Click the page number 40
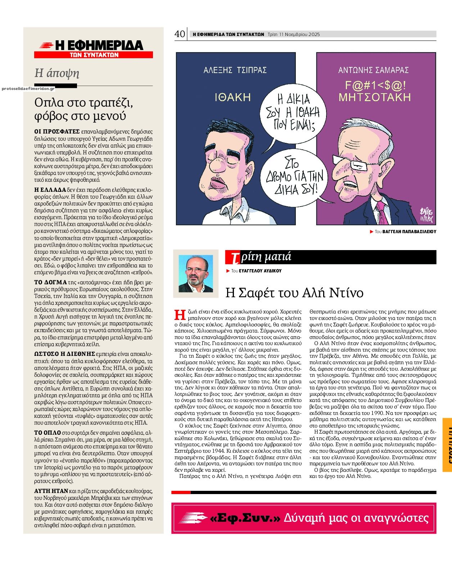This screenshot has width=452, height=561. (180, 34)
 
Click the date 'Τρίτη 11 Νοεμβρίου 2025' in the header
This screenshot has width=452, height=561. (294, 35)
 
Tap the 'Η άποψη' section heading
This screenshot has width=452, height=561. (57, 73)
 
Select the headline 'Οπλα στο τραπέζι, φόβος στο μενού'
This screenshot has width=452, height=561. (83, 109)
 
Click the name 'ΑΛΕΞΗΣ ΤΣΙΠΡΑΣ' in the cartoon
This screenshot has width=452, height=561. (235, 70)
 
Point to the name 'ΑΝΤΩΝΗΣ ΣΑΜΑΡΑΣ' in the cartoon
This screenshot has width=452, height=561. (374, 70)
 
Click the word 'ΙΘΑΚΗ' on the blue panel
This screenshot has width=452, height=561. (233, 97)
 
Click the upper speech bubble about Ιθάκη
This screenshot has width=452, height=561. (293, 112)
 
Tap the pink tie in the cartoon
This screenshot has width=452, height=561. (381, 212)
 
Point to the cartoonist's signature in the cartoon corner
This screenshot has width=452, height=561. (426, 214)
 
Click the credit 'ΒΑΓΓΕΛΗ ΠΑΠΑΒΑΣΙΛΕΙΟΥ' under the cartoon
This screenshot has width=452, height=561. (409, 232)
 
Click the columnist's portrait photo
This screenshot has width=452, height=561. (196, 274)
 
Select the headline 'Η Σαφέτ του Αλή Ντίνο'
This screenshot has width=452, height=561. (294, 293)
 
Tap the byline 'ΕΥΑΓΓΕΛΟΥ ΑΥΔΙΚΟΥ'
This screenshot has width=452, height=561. (260, 271)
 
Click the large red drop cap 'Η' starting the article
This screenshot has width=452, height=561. (179, 314)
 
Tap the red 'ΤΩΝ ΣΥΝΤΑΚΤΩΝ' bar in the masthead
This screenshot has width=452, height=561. (94, 55)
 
